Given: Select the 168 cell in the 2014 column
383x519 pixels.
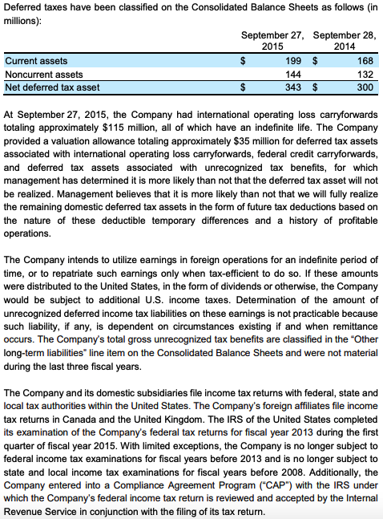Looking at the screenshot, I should pos(365,60).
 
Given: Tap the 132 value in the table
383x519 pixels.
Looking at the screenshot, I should pos(365,73).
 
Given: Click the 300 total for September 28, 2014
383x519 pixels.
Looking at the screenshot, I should pos(365,86).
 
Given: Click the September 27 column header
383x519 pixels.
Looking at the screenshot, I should pos(272,34).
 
